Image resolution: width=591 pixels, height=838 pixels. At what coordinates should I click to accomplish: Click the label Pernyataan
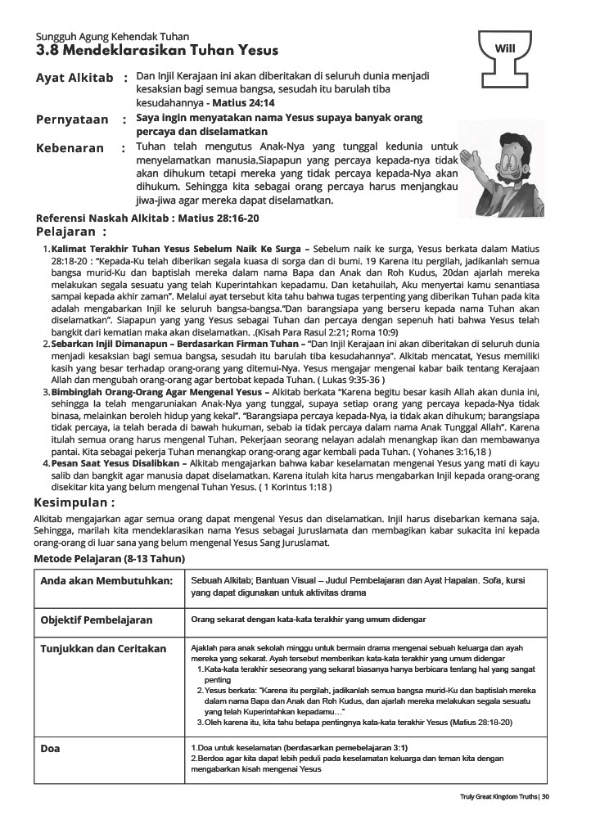pyautogui.click(x=72, y=119)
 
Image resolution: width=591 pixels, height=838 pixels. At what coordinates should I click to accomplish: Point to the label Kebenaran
pyautogui.click(x=70, y=148)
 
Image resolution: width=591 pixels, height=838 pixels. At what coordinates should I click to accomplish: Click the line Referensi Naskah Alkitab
pyautogui.click(x=147, y=219)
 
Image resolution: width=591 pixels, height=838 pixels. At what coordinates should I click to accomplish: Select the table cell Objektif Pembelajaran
pyautogui.click(x=97, y=620)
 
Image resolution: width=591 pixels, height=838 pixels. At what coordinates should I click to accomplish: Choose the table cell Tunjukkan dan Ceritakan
pyautogui.click(x=102, y=648)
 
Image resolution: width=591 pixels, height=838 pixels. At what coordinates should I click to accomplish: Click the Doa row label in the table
pyautogui.click(x=51, y=748)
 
